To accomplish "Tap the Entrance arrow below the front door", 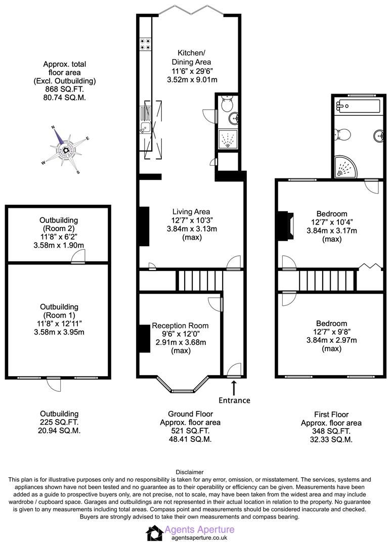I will point(234,388).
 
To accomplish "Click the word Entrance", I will point(234,400).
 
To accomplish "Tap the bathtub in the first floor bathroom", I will point(358,107).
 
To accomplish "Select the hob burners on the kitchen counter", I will point(145,44).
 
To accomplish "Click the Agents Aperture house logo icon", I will point(154,533).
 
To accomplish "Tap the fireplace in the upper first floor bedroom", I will point(284,225).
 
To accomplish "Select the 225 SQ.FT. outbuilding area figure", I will point(59,422).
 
